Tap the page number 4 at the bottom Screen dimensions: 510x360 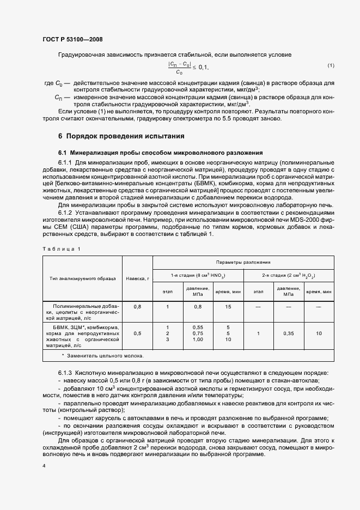point(44,465)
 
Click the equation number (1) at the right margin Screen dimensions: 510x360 point(331,66)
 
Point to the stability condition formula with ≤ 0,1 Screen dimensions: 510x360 point(188,67)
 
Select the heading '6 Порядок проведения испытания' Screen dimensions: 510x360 point(121,136)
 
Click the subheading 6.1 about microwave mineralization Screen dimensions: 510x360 point(161,153)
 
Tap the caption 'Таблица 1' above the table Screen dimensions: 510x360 point(62,248)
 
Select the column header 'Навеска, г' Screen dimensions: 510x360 point(137,278)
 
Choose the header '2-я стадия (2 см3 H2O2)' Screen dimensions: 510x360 point(289,276)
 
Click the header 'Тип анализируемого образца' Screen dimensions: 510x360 point(82,278)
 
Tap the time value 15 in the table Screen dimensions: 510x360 point(228,307)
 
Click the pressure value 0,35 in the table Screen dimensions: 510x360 point(289,333)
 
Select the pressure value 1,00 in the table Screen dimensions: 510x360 point(198,339)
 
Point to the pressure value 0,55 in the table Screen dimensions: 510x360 point(198,326)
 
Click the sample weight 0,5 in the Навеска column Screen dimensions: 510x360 point(137,333)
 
